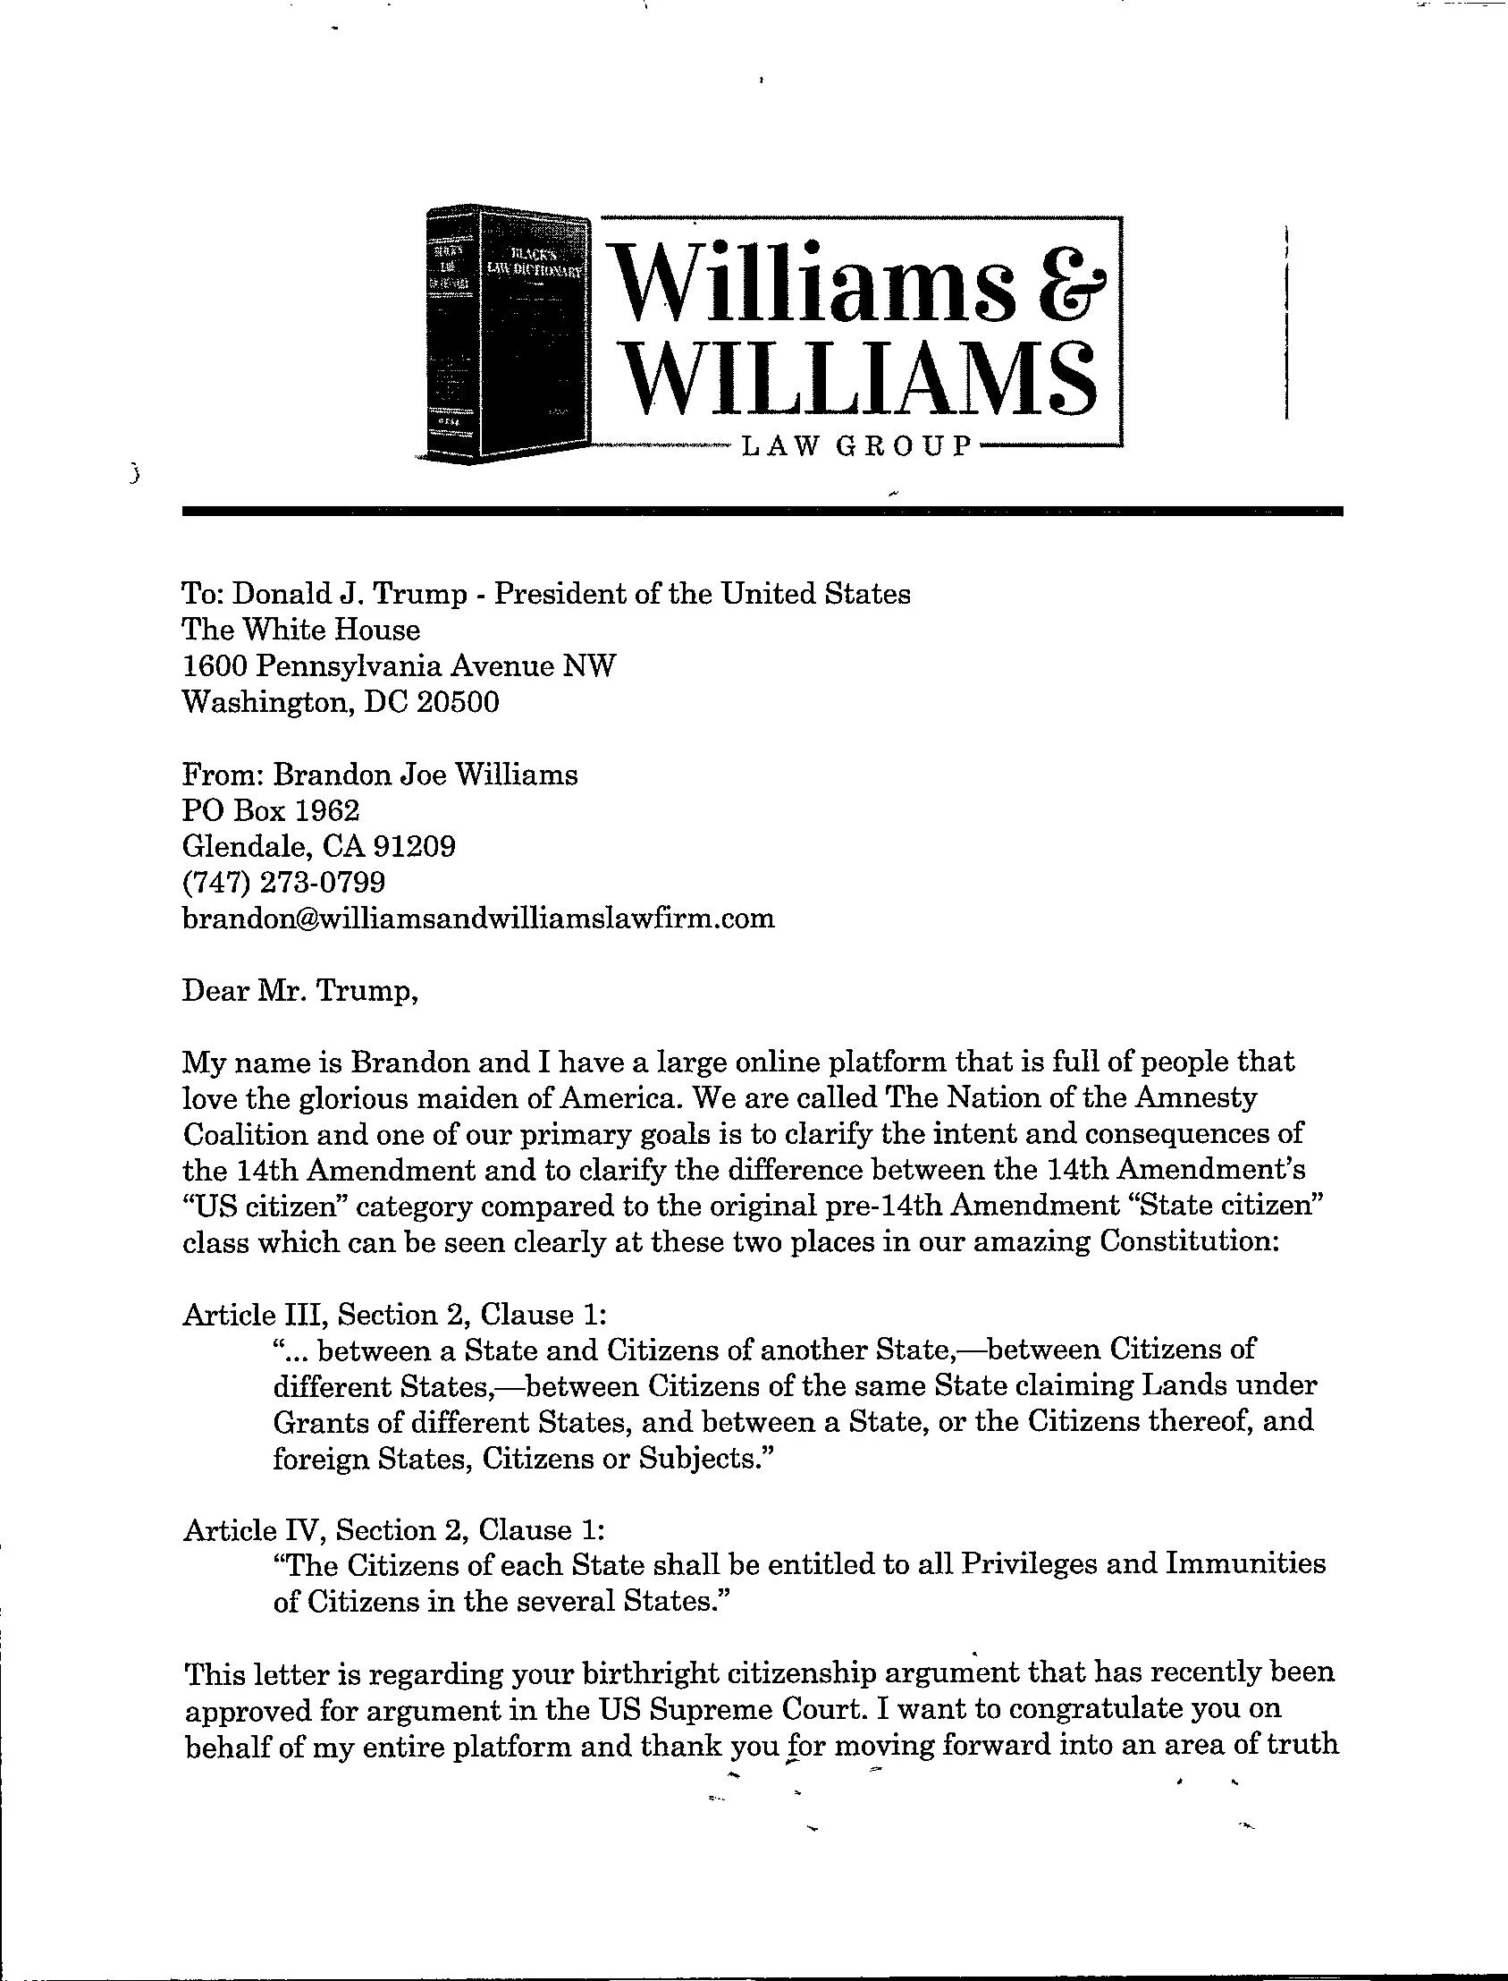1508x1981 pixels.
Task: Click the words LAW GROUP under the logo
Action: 857,446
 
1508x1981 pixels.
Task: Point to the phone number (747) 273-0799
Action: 283,883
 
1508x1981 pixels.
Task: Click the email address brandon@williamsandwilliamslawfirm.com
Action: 477,919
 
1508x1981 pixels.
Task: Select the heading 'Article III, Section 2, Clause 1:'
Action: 395,1315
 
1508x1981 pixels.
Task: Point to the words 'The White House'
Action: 300,630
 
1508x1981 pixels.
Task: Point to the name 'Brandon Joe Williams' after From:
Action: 425,775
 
